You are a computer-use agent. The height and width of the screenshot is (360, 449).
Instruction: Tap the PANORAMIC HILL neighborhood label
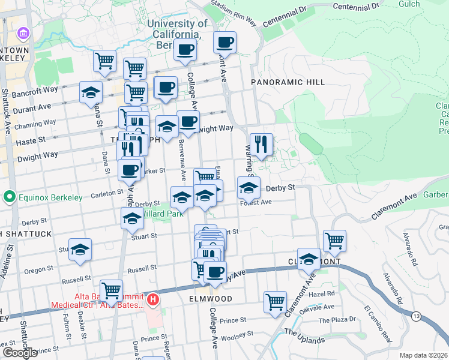point(288,82)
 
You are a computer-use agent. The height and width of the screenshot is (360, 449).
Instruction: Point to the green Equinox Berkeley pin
point(9,196)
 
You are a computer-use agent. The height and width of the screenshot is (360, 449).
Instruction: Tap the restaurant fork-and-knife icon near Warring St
point(261,145)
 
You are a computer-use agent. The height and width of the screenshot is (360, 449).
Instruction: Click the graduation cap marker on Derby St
point(249,188)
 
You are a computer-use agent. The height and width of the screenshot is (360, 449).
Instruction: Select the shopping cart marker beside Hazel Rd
point(276,302)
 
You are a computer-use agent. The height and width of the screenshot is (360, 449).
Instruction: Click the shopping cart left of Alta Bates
point(111,291)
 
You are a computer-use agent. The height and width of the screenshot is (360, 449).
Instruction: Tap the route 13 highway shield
point(415,315)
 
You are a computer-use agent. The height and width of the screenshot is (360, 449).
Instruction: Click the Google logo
point(20,353)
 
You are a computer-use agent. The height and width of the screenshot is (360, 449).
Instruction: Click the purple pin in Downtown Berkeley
point(23,32)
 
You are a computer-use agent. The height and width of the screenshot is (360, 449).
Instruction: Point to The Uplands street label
point(304,336)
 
